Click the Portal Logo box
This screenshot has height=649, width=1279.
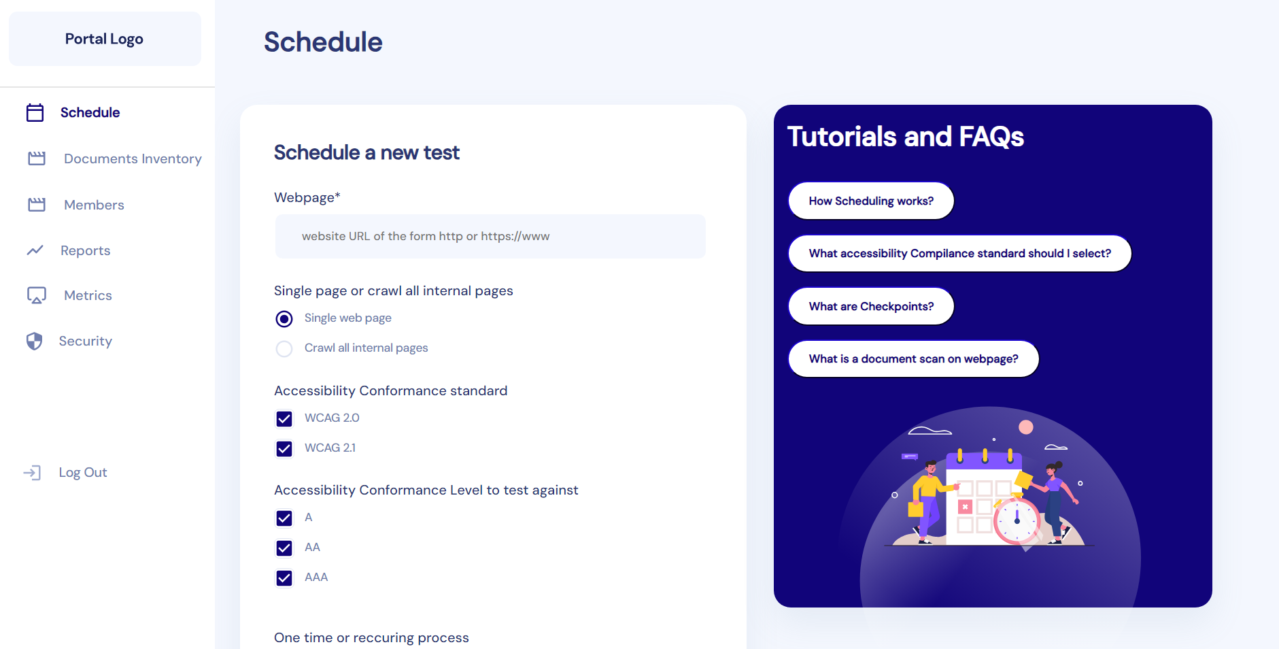point(105,39)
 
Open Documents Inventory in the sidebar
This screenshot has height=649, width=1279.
point(133,159)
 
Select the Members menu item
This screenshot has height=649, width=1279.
point(94,205)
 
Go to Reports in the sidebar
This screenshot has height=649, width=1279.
point(85,250)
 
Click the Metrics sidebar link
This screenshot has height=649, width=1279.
point(88,295)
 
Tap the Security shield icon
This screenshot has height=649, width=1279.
point(35,341)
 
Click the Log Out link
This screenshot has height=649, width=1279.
point(82,472)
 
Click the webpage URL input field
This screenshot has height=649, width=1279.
point(490,236)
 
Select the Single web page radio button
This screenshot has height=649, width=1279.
point(284,318)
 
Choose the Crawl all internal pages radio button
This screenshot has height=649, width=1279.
point(284,348)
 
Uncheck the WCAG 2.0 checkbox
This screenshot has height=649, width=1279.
point(284,418)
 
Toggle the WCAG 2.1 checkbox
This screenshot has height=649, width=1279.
point(284,448)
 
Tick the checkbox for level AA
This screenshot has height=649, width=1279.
point(284,548)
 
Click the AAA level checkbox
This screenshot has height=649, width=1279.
point(284,578)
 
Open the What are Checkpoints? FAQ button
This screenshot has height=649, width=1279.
point(871,306)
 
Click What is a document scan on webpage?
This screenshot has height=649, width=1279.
point(913,359)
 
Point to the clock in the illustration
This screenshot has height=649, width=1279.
point(1017,521)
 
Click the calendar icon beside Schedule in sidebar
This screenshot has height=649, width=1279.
point(35,112)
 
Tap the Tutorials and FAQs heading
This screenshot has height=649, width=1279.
point(905,136)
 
